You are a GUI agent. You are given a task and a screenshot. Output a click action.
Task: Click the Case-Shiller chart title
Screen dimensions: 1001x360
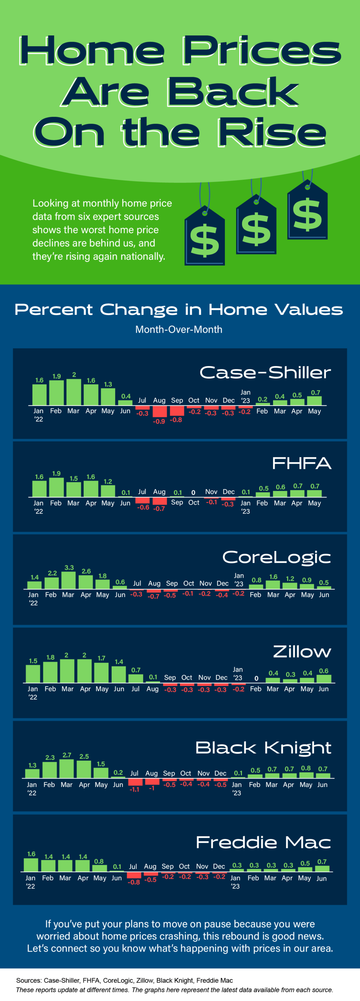click(x=265, y=372)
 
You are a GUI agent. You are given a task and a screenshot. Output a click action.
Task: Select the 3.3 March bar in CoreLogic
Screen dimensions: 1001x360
click(x=68, y=580)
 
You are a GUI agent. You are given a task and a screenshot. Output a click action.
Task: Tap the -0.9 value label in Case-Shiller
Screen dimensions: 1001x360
click(x=159, y=421)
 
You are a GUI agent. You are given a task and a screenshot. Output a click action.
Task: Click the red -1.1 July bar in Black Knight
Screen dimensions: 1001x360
click(x=134, y=782)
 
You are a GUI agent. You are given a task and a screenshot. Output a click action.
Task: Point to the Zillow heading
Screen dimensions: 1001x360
click(x=302, y=651)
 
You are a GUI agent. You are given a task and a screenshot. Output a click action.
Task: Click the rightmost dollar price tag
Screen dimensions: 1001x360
click(x=307, y=212)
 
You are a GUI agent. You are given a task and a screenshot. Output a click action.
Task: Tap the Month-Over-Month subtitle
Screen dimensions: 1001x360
click(x=179, y=329)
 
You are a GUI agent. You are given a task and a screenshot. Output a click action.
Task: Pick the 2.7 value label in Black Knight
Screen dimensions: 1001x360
click(x=67, y=755)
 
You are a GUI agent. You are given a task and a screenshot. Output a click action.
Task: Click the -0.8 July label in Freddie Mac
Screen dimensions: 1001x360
click(x=134, y=882)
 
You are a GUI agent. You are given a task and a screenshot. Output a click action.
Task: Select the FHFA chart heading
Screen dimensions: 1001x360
click(x=301, y=463)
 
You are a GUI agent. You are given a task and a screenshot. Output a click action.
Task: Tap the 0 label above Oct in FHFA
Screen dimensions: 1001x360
click(x=193, y=493)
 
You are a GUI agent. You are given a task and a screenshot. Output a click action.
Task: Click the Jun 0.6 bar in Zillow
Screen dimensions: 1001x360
click(x=324, y=678)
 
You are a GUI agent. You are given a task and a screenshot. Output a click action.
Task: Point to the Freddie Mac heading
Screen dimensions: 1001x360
click(x=263, y=843)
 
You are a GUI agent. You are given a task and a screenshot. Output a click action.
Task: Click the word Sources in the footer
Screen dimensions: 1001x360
click(x=28, y=980)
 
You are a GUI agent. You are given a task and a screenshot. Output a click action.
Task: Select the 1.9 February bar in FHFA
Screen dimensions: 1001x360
click(x=56, y=487)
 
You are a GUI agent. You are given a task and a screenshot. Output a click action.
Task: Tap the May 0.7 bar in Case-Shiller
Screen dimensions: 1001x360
click(x=314, y=401)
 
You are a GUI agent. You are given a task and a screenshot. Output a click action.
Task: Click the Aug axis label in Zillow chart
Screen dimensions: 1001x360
click(x=152, y=689)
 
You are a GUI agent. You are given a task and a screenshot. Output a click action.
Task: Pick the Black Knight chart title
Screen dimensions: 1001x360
click(x=263, y=748)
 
